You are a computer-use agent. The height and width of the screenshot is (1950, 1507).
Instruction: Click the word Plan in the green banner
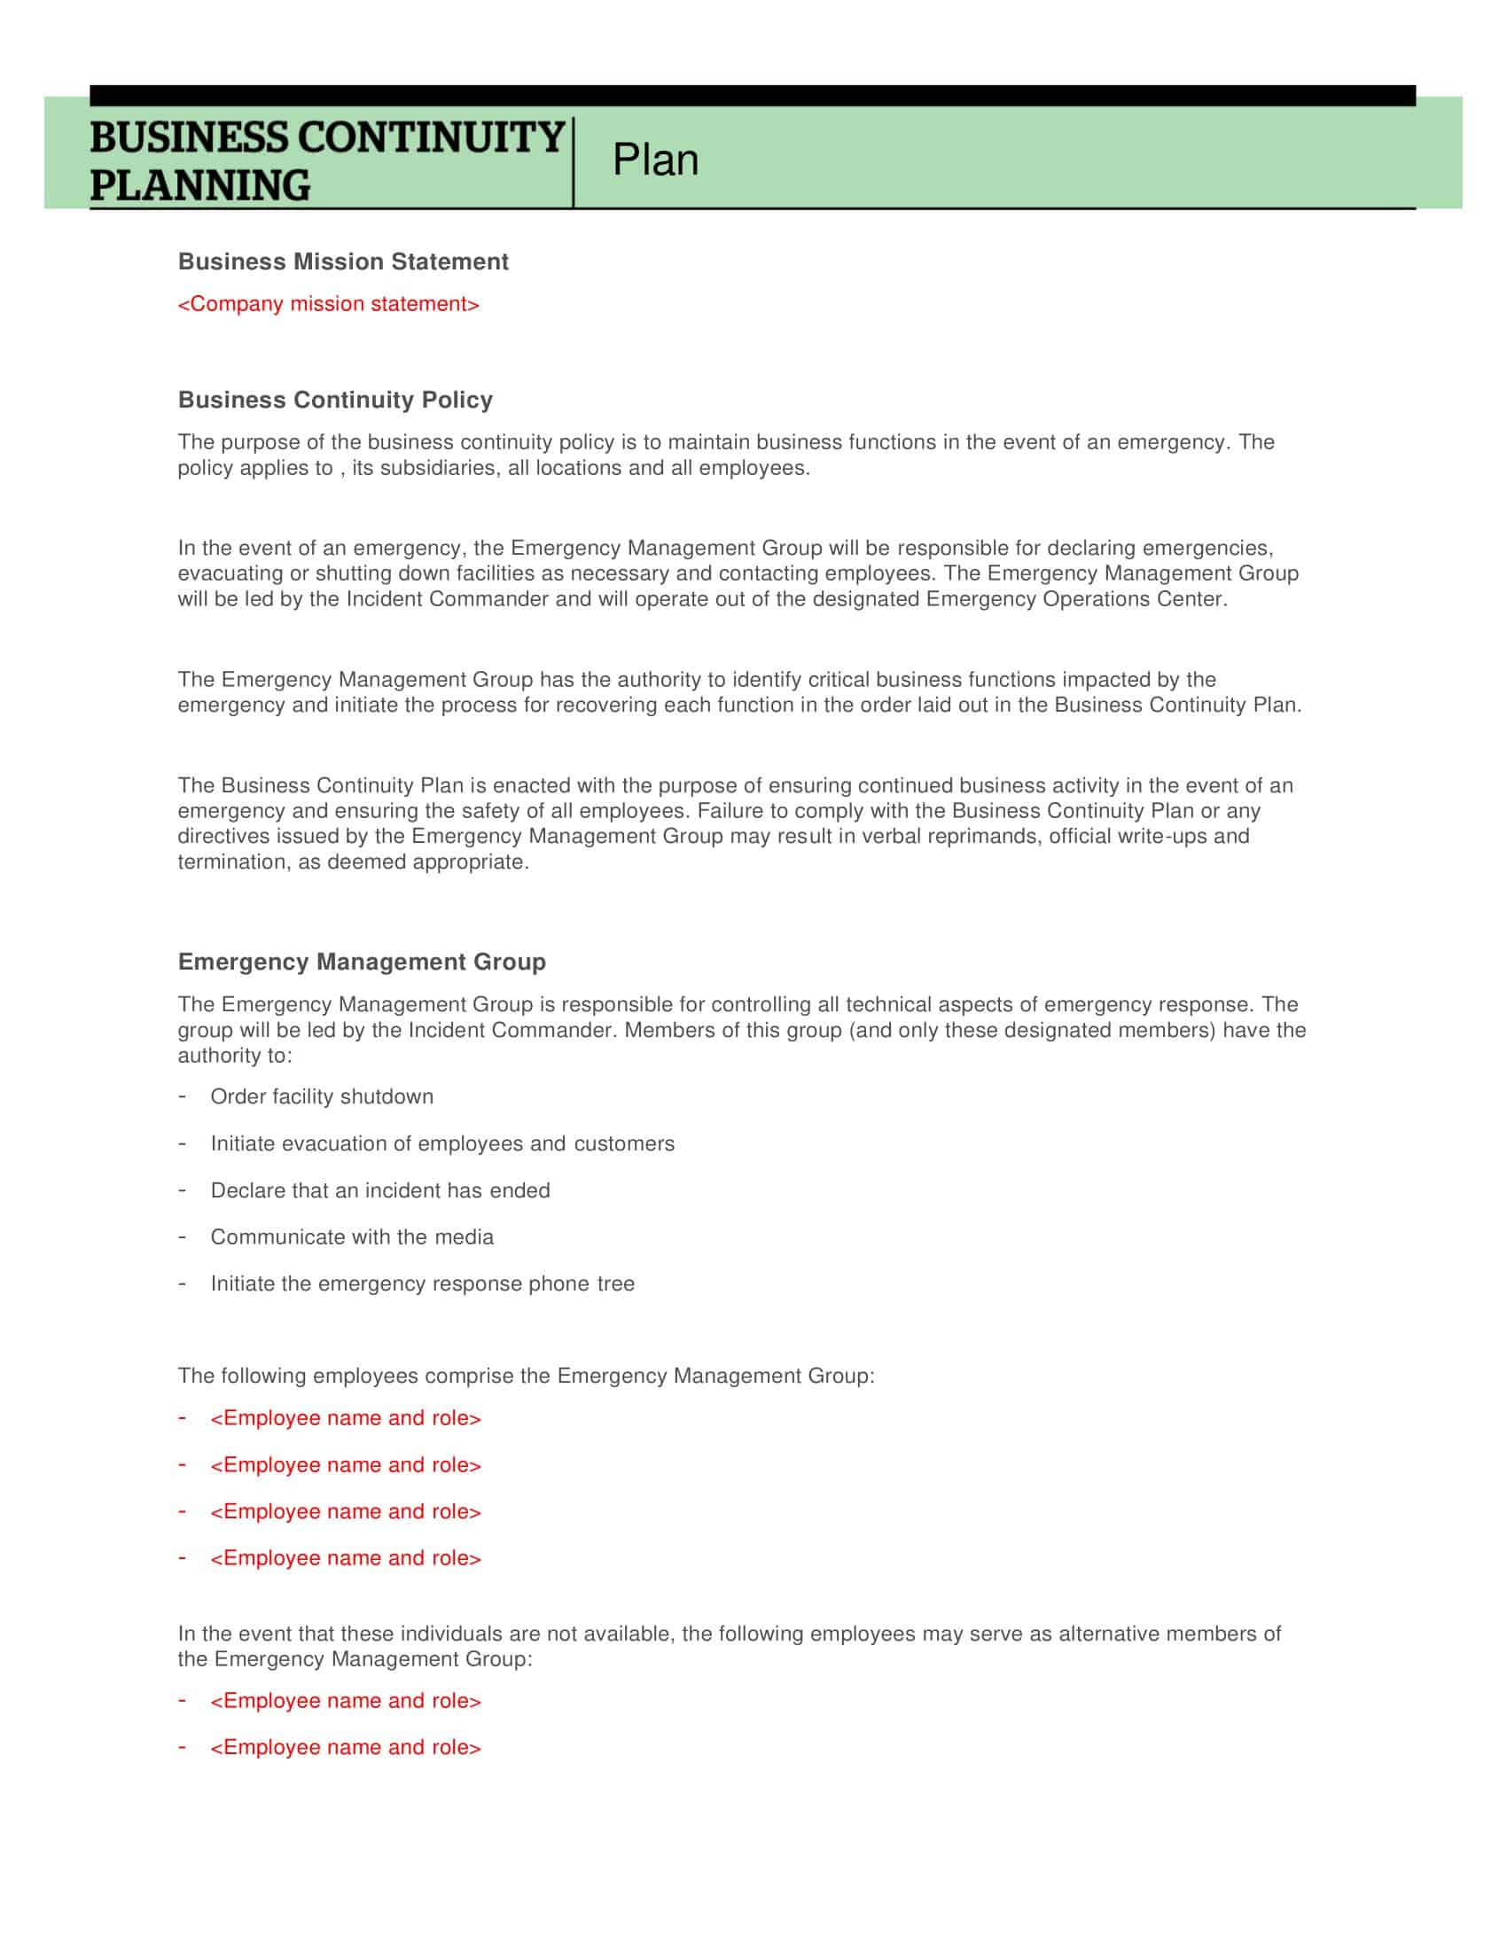(x=654, y=160)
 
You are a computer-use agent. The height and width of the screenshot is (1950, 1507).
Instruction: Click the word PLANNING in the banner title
(x=200, y=186)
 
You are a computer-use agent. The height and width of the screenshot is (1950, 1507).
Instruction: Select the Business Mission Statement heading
(x=343, y=261)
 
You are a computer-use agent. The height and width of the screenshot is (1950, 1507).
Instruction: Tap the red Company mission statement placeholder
(x=329, y=304)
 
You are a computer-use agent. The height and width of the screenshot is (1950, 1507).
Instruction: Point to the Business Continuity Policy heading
(x=335, y=400)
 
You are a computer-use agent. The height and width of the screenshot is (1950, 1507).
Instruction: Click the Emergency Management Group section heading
(x=362, y=962)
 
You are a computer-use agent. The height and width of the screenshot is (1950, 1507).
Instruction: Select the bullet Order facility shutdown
(x=322, y=1096)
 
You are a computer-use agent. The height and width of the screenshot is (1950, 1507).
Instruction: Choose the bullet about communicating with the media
(x=352, y=1236)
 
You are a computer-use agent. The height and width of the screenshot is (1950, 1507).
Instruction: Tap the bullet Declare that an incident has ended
(x=380, y=1190)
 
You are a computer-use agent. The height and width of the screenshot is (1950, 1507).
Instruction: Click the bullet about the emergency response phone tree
(x=422, y=1283)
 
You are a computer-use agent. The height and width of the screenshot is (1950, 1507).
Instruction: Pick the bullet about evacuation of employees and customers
(x=442, y=1143)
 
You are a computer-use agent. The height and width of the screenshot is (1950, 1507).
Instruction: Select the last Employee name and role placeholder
(x=346, y=1747)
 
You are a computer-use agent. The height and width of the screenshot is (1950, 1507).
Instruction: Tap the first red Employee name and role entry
(x=346, y=1418)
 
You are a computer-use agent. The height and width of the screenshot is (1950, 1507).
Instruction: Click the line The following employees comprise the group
(x=526, y=1376)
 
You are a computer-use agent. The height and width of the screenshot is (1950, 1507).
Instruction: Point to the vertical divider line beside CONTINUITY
(x=574, y=162)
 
